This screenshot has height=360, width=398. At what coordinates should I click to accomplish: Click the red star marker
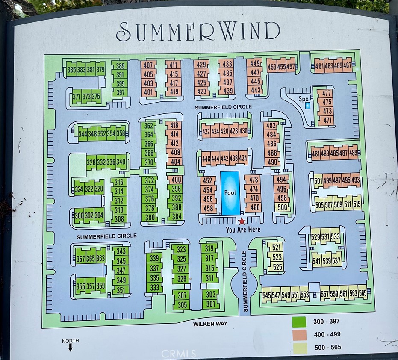[x=242, y=221]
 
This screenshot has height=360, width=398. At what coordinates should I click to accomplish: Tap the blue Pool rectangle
[x=230, y=193]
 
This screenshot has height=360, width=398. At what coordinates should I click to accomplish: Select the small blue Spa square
[x=307, y=105]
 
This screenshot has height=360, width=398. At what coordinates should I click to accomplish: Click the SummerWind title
[x=198, y=32]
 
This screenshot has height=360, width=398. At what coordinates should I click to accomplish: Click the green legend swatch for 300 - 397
[x=299, y=322]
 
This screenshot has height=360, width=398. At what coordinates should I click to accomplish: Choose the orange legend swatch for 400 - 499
[x=299, y=334]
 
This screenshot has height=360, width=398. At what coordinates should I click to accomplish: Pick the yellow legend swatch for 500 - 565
[x=299, y=347]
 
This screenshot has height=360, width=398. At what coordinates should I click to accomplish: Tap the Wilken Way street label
[x=209, y=324]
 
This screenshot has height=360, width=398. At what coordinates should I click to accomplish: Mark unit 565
[x=363, y=294]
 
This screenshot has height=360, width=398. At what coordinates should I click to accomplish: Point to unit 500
[x=282, y=207]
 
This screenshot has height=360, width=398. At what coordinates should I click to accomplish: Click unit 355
[x=81, y=286]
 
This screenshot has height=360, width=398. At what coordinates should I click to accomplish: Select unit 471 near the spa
[x=327, y=121]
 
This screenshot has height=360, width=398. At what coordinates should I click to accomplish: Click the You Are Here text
[x=242, y=230]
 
